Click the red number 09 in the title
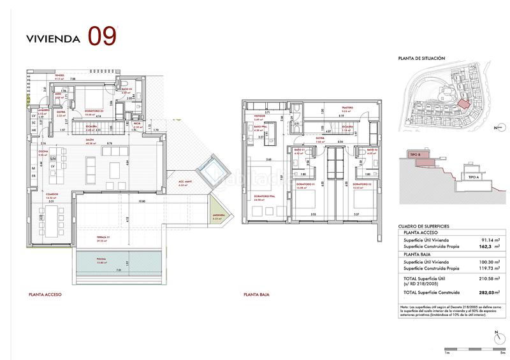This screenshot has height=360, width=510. click(102, 36)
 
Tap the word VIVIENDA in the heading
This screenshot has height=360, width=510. click(53, 38)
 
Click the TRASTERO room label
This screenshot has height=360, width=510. click(347, 108)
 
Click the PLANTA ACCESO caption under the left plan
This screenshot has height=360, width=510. click(45, 295)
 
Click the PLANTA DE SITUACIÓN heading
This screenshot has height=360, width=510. click(421, 58)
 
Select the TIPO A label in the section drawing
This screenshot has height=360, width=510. click(472, 178)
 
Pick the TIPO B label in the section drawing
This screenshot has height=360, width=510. click(414, 155)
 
